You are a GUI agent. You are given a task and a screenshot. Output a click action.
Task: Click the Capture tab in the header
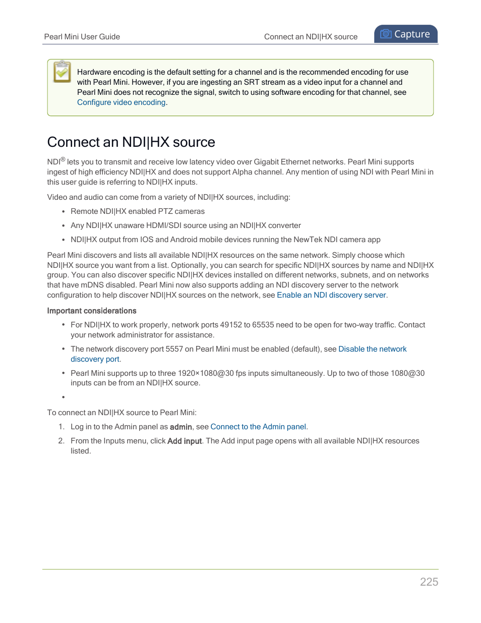click(405, 34)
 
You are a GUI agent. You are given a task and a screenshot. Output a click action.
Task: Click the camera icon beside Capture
click(386, 34)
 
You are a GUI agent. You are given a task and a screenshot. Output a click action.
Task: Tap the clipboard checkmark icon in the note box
click(62, 72)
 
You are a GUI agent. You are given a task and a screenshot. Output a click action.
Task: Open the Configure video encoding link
click(121, 102)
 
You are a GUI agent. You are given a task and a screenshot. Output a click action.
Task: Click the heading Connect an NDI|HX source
click(131, 142)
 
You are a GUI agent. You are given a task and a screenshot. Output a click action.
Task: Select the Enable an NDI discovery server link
click(331, 295)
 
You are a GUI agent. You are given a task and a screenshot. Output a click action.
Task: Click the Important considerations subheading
click(92, 311)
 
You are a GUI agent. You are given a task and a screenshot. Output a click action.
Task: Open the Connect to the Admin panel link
click(258, 427)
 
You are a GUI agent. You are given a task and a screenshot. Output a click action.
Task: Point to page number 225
click(429, 582)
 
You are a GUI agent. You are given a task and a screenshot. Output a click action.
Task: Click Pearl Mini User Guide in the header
click(82, 37)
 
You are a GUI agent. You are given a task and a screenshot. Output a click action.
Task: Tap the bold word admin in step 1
click(181, 427)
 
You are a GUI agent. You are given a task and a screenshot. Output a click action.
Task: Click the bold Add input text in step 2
click(185, 441)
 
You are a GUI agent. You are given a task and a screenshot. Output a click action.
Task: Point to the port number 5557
click(174, 349)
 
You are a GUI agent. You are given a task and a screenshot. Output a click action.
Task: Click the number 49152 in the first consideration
click(231, 325)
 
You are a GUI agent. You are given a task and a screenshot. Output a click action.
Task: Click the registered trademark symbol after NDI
click(63, 159)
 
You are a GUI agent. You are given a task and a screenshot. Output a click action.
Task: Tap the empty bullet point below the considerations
click(63, 398)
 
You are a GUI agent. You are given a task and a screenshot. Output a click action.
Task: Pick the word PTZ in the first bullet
click(165, 211)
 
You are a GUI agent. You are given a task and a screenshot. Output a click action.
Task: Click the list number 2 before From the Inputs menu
click(61, 441)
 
